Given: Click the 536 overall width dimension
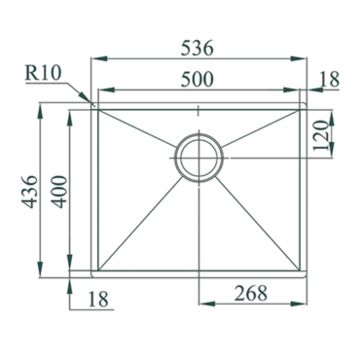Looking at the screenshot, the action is coord(197,48).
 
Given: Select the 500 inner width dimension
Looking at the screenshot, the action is coord(197,79).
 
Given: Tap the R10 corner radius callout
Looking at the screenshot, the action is coord(43,73).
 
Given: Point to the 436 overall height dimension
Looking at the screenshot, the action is coord(29,192).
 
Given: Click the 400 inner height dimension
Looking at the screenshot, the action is coord(59,192).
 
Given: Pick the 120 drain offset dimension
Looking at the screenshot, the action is coord(320,135).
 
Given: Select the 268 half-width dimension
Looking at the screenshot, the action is coord(251,293).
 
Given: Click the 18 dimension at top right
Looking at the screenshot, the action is coord(330,79).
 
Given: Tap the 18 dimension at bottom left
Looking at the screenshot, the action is coord(98,300).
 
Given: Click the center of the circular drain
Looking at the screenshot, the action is coord(198,158).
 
